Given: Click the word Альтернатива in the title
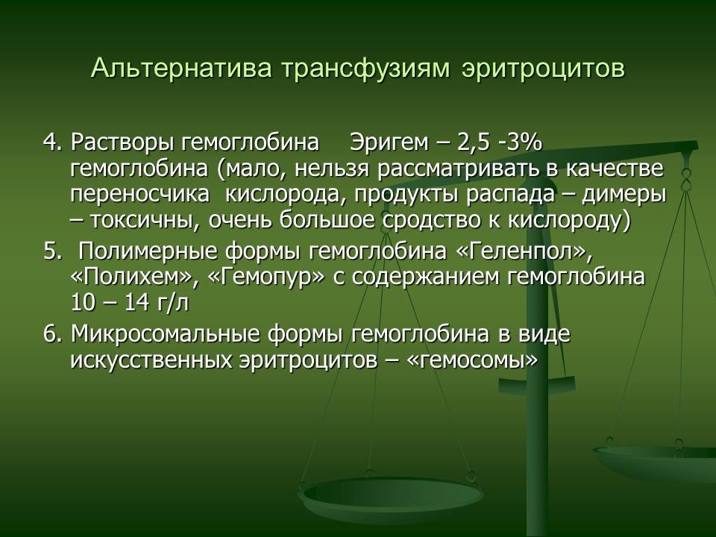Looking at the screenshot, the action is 182,69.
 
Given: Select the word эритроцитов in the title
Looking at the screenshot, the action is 543,69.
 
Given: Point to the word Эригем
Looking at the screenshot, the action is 389,143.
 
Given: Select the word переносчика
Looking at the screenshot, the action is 140,195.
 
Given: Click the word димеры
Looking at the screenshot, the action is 626,195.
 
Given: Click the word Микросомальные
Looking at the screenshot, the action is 165,335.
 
